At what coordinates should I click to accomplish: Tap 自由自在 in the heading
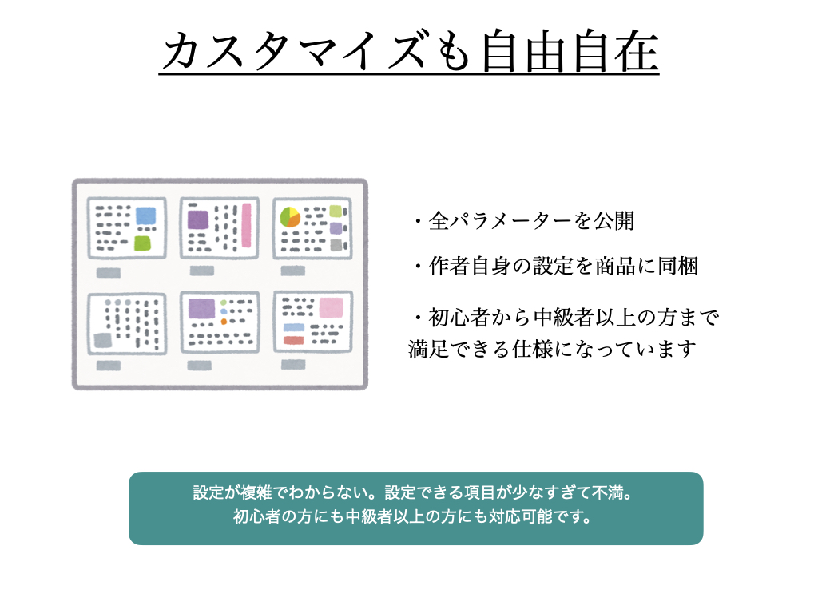tap(570, 51)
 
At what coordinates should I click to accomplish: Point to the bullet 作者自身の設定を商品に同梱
tap(557, 267)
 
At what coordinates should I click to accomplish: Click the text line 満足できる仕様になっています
tap(552, 350)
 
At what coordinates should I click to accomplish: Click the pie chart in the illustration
tap(290, 217)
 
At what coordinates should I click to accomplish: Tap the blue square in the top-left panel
tap(145, 216)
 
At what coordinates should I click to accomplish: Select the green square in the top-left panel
tap(142, 243)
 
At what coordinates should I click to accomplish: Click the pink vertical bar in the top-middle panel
tap(246, 225)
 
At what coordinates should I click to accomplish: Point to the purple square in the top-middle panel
tap(198, 219)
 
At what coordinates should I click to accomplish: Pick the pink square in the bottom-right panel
tap(332, 307)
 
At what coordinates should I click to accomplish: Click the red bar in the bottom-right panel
tap(294, 340)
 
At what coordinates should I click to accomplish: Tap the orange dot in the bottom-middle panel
tap(224, 322)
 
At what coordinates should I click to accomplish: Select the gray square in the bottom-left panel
tap(103, 340)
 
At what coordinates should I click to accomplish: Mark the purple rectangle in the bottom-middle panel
tap(202, 309)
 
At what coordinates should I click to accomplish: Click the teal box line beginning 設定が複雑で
tap(413, 492)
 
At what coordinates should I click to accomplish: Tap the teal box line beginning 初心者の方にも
tap(413, 516)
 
